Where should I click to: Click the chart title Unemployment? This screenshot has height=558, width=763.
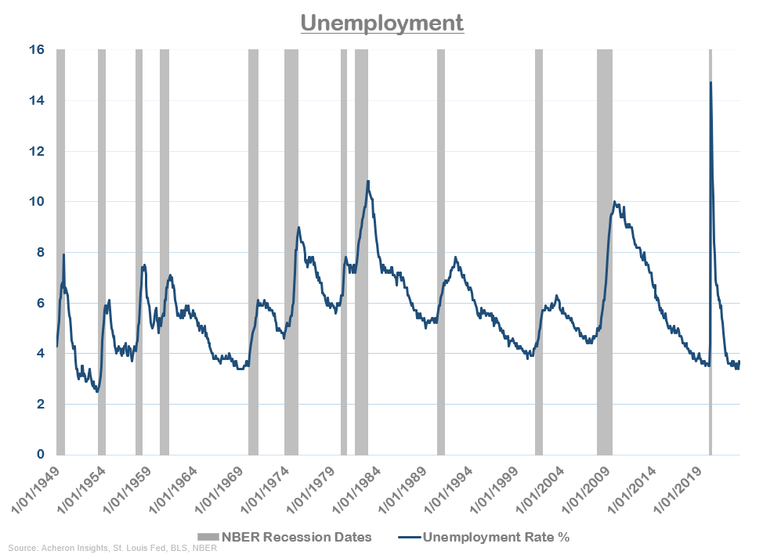[x=382, y=23]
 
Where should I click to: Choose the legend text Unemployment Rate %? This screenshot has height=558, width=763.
[x=496, y=537]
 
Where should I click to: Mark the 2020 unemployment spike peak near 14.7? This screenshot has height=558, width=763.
[x=711, y=82]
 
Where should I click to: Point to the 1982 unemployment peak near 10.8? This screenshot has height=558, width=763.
[x=367, y=182]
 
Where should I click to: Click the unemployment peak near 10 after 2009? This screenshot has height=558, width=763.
[x=614, y=202]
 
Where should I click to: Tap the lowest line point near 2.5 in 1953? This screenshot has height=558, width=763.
[x=97, y=391]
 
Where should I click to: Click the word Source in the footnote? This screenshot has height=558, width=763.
[x=23, y=549]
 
